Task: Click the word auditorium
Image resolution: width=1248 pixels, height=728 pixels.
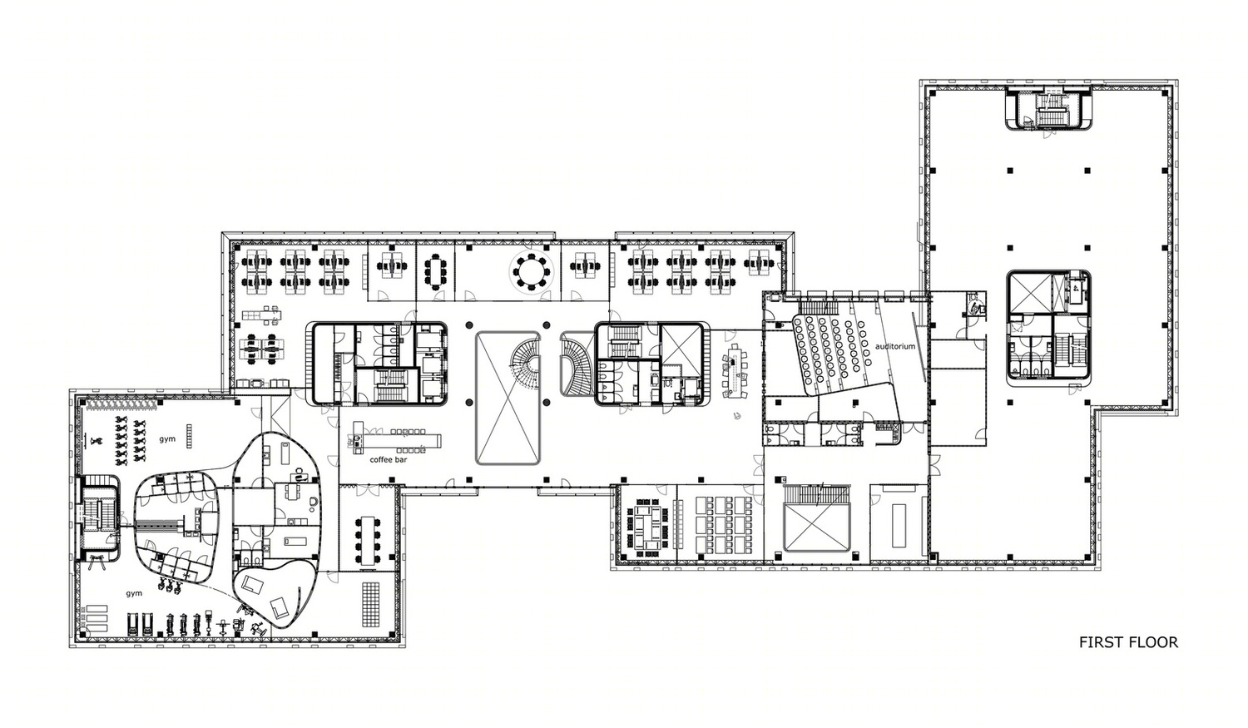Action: tap(894, 346)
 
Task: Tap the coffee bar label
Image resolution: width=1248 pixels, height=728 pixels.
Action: tap(389, 459)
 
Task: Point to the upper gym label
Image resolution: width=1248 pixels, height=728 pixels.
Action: tap(167, 439)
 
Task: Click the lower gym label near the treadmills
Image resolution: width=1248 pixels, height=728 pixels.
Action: tap(134, 594)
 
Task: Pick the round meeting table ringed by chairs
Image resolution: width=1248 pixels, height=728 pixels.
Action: tap(531, 272)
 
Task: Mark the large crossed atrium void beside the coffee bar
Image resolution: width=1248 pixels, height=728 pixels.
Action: tap(508, 398)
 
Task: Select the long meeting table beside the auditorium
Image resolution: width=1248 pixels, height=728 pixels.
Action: tap(735, 370)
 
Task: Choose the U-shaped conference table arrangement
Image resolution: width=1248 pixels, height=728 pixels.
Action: tap(646, 527)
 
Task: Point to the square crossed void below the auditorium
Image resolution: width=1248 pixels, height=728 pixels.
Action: tap(817, 527)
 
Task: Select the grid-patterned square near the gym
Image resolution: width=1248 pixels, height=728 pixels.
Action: tap(370, 604)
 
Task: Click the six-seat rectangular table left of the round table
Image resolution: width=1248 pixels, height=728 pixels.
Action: tap(434, 272)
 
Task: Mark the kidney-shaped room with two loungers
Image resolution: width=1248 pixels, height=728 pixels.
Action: tap(272, 595)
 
